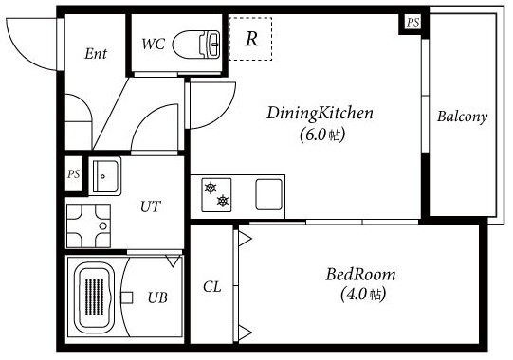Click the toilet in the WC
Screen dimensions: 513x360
(x=196, y=45)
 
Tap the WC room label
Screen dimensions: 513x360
(x=153, y=45)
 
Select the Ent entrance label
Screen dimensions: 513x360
(x=96, y=54)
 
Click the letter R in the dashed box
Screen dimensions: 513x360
(x=251, y=39)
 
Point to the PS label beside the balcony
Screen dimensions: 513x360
(x=412, y=22)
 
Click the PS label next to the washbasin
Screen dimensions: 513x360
(x=74, y=174)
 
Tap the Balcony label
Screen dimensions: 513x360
(x=462, y=117)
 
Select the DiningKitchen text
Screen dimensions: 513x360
(x=320, y=113)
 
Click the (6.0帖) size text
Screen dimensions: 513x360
(x=322, y=135)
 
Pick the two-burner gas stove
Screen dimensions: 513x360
(x=216, y=195)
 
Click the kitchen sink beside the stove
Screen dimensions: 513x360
(x=268, y=194)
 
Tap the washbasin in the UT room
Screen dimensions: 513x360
(x=105, y=176)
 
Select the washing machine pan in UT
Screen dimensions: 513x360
(x=88, y=225)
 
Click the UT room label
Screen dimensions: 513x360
(x=151, y=207)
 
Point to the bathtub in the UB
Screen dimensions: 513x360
(x=94, y=297)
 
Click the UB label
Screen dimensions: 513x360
(x=157, y=297)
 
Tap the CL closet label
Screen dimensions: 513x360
(x=212, y=287)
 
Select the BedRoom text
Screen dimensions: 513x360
(x=360, y=275)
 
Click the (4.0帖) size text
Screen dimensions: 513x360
(x=363, y=295)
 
